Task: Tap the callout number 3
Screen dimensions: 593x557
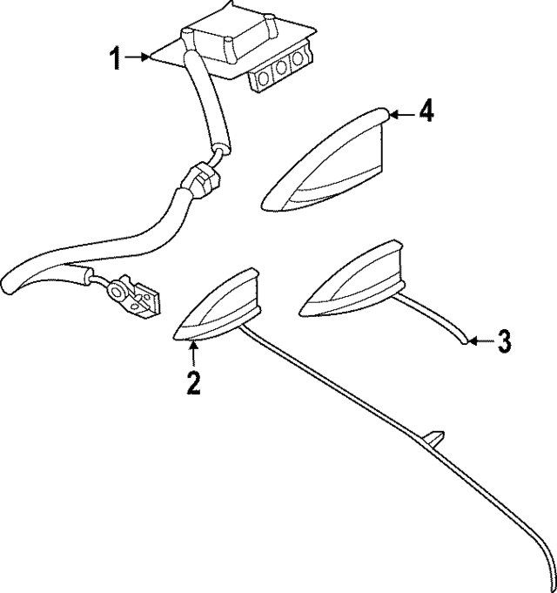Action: (x=504, y=340)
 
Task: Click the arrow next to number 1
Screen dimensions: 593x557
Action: (x=138, y=58)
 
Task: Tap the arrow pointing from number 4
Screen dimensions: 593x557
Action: (x=399, y=113)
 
